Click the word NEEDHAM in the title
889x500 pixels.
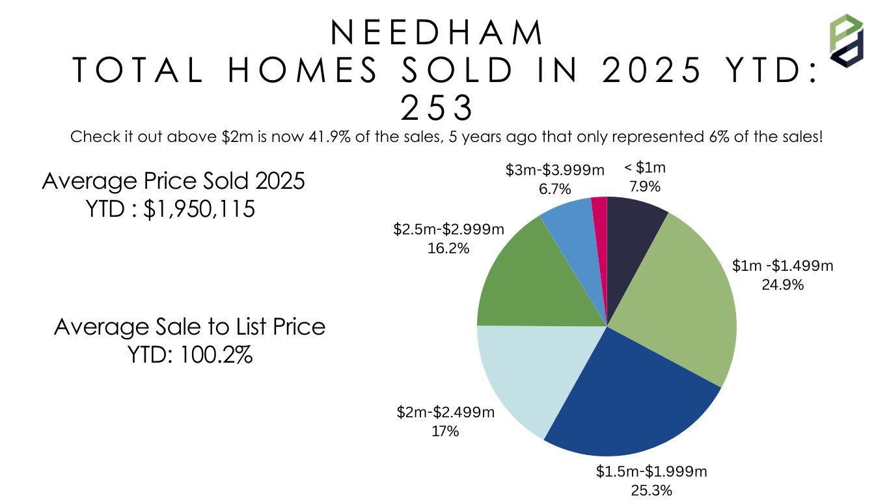(437, 33)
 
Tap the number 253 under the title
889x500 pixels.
(437, 109)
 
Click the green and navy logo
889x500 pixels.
(845, 40)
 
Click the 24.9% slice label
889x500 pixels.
(782, 285)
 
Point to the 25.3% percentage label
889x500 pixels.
(651, 490)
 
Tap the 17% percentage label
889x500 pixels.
(445, 430)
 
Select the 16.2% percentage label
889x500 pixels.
(448, 248)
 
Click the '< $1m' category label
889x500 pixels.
(644, 168)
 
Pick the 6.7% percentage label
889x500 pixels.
(555, 189)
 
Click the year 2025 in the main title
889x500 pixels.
(651, 70)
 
